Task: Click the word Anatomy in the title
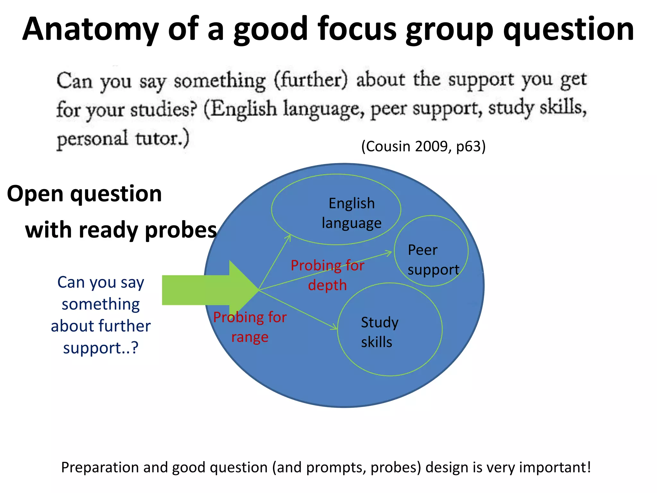click(90, 30)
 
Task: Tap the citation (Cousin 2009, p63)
click(423, 146)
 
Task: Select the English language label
click(352, 213)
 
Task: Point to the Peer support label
click(433, 260)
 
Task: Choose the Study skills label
click(380, 332)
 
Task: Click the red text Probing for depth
click(327, 275)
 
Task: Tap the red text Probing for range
click(250, 327)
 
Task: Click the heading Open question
click(84, 194)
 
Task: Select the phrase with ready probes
click(121, 230)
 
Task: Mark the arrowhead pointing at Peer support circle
click(389, 253)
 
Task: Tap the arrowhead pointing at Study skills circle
click(335, 328)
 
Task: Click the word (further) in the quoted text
click(311, 80)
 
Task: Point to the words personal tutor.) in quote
click(123, 139)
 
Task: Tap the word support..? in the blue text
click(100, 348)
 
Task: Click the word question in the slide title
click(568, 30)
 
